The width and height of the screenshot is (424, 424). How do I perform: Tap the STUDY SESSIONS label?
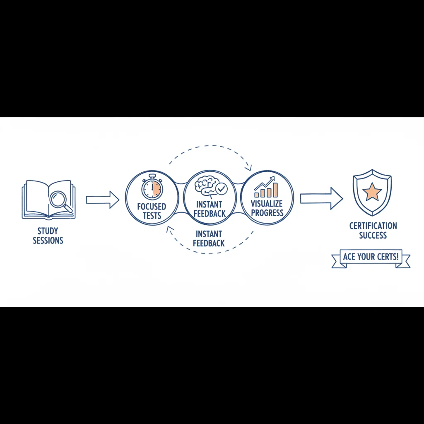[48, 236]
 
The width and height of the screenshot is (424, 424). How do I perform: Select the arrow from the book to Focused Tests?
[103, 200]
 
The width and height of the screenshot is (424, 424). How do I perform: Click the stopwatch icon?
[152, 187]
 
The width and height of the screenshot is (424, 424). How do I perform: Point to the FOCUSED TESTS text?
[152, 211]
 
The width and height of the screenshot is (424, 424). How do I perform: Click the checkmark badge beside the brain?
[222, 189]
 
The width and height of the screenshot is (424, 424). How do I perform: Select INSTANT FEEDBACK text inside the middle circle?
[209, 209]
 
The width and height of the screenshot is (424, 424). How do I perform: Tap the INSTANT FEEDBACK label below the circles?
[209, 238]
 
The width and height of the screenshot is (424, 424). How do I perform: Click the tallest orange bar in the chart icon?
[275, 190]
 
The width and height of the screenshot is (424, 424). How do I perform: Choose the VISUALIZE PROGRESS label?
[267, 208]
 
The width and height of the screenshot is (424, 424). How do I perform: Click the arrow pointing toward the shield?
[321, 198]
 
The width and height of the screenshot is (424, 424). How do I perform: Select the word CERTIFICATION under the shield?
[373, 226]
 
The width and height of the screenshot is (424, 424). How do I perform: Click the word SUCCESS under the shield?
[373, 235]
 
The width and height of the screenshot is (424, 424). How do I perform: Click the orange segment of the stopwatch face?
[157, 188]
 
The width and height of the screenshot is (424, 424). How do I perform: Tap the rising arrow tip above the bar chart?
[273, 178]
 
